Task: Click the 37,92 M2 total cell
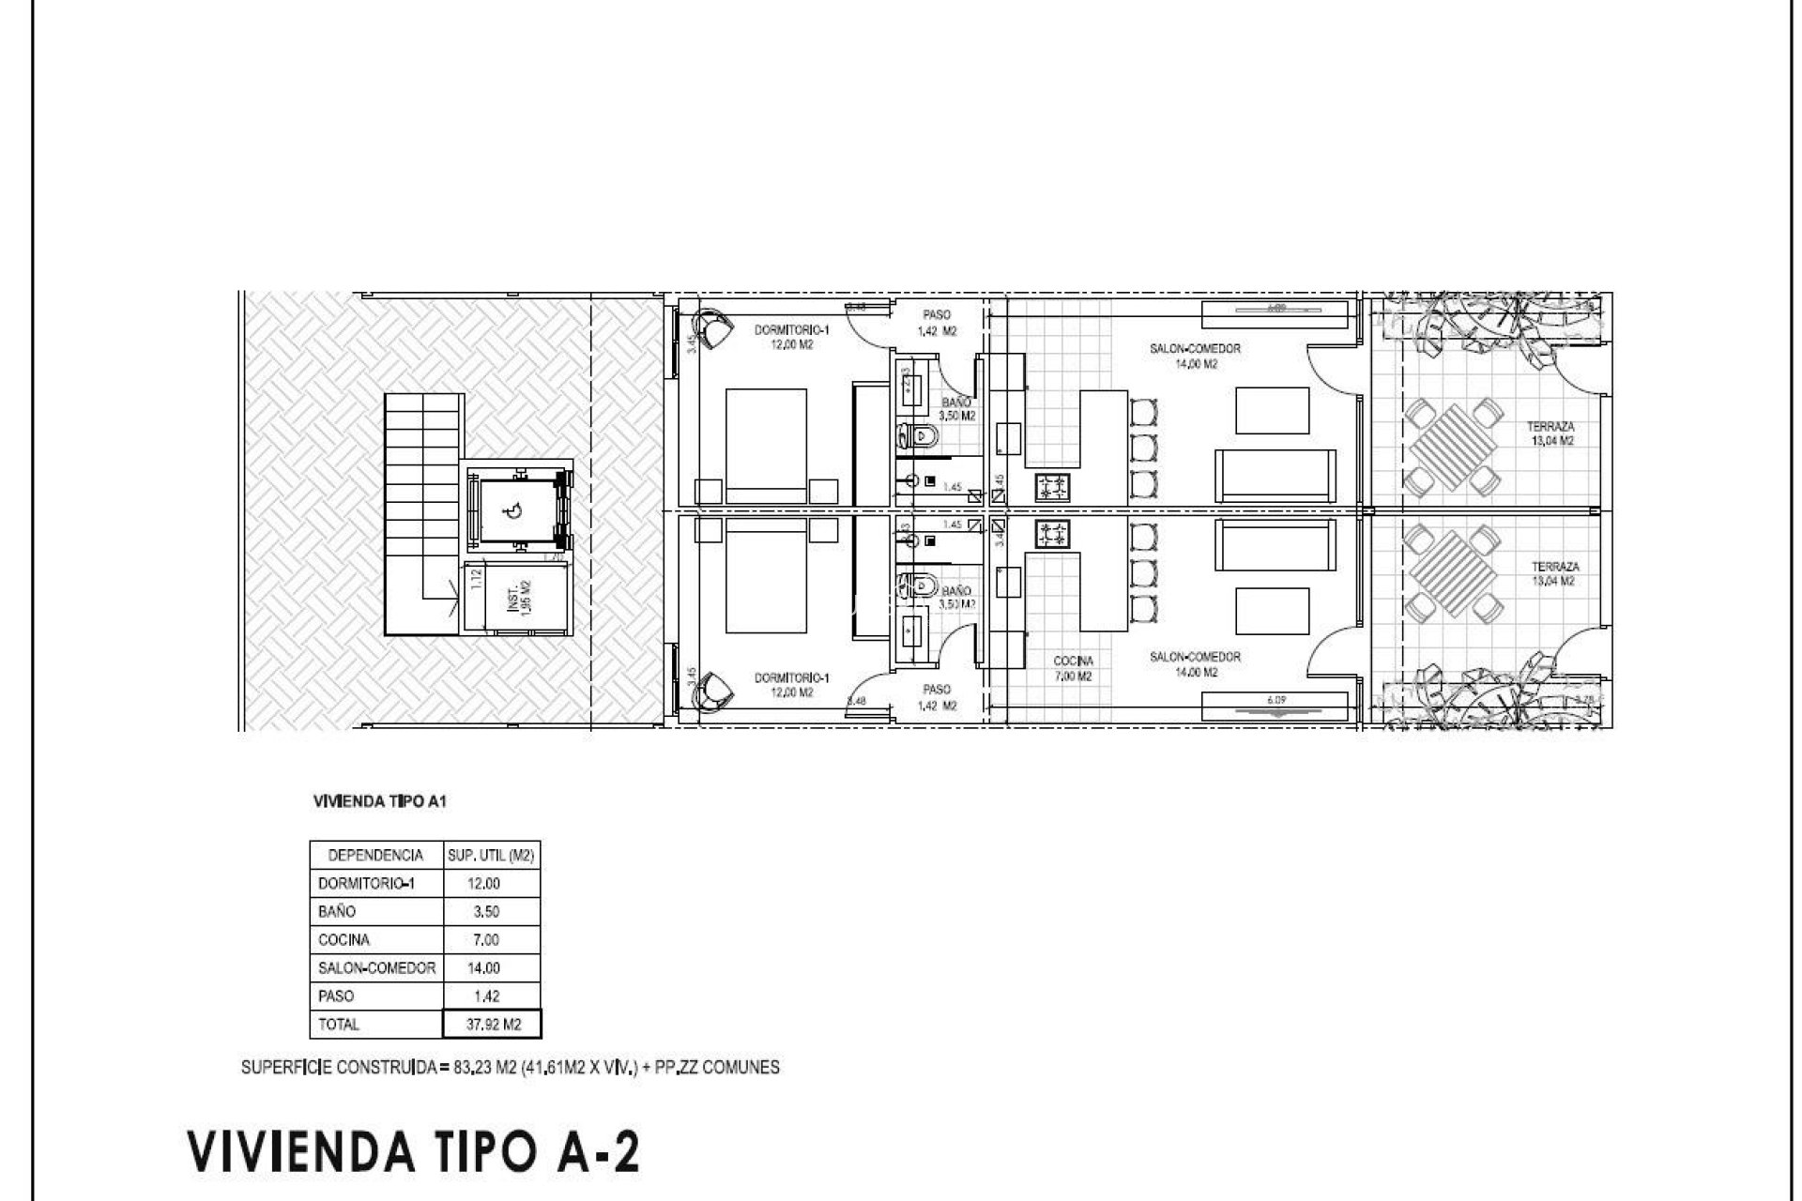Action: point(492,1024)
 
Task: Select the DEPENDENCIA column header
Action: point(375,855)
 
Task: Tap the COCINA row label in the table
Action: point(344,939)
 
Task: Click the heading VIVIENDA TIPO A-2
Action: point(414,1151)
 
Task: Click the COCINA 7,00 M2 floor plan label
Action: point(1073,668)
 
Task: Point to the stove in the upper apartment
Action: point(1052,487)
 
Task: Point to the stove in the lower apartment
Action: point(1052,535)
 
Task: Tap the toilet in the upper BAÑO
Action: point(917,434)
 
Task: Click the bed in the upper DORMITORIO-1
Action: point(766,446)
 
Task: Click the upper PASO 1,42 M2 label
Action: point(936,323)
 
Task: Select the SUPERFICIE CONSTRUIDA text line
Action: point(510,1067)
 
